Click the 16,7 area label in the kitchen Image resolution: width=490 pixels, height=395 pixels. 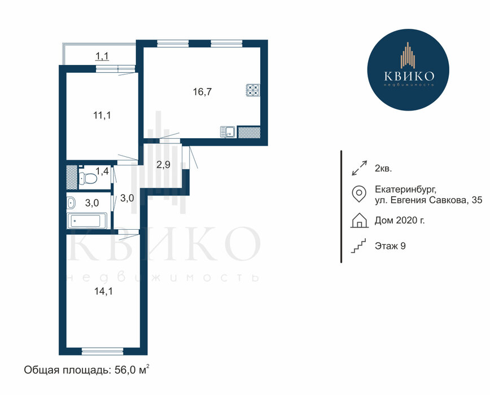202,92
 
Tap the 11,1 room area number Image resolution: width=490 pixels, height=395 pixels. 102,116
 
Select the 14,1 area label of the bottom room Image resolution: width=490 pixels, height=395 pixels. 103,291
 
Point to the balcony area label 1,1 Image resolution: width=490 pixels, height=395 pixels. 102,56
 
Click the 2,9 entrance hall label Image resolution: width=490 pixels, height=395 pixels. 164,165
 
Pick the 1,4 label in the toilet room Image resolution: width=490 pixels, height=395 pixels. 102,171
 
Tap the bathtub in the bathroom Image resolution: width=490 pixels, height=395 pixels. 87,221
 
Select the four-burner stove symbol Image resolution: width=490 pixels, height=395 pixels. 253,90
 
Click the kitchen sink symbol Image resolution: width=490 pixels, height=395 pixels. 228,131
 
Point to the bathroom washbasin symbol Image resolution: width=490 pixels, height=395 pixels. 71,203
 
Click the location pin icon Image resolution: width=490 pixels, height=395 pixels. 359,194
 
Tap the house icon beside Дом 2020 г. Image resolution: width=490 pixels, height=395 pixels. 360,220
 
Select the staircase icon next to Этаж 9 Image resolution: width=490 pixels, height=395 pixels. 358,246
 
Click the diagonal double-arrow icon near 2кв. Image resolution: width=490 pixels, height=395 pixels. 360,168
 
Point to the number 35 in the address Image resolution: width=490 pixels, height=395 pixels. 477,200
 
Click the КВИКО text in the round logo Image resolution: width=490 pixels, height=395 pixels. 409,76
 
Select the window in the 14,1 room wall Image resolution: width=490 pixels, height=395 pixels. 103,352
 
